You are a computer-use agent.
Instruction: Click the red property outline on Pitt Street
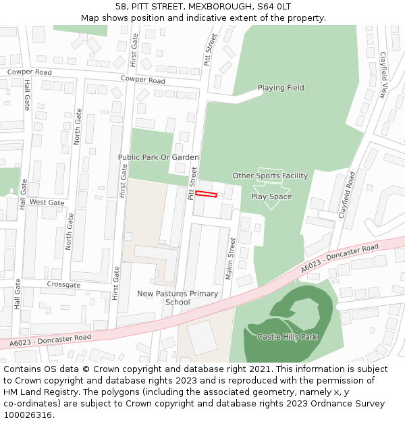207,194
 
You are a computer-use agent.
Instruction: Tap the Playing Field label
281,88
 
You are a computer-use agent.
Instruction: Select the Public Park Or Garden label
159,157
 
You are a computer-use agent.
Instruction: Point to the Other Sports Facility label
270,176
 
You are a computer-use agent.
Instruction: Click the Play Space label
271,196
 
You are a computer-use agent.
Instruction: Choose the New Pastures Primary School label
178,298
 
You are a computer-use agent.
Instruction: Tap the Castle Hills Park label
287,336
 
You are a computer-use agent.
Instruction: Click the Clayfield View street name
383,74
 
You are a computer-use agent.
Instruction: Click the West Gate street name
47,203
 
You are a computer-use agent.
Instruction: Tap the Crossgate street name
63,285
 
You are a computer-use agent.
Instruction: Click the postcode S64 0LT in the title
276,6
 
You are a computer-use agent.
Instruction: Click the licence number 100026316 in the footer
28,415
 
